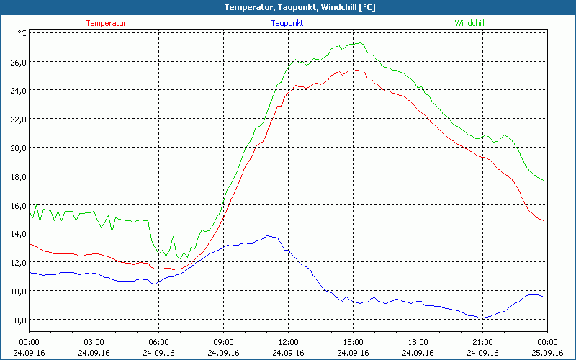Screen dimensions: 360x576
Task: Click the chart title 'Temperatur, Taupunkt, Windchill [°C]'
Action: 288,7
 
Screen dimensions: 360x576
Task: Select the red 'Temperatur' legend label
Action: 106,23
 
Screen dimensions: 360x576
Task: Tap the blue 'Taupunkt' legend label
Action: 287,23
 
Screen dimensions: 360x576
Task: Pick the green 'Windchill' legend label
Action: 469,23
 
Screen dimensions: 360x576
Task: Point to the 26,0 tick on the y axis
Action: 18,62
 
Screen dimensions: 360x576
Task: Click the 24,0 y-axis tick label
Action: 18,91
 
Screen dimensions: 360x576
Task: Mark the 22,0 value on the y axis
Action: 18,119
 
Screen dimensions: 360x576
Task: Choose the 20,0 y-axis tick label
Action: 18,148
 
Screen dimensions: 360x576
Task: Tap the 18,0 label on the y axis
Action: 18,176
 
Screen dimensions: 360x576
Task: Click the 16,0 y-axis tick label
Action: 18,205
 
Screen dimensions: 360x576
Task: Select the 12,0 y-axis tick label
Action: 18,262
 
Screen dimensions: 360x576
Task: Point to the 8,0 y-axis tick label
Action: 18,320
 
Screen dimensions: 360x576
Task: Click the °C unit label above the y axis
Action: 22,33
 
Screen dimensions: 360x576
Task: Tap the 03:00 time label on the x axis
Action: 94,342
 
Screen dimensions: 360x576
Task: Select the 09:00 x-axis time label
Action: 223,342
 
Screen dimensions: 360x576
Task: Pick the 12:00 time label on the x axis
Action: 288,342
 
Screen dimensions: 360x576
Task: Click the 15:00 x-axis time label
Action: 353,342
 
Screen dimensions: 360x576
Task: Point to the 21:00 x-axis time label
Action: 482,342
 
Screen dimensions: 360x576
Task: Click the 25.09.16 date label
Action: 547,353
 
